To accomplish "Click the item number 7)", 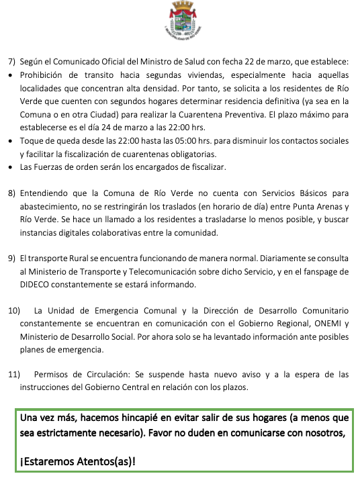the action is (11, 61).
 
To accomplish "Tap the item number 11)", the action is (13, 374).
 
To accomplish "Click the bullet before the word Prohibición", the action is (10, 75).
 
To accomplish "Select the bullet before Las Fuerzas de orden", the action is (10, 166).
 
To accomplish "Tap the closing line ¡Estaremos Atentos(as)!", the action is (78, 462).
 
